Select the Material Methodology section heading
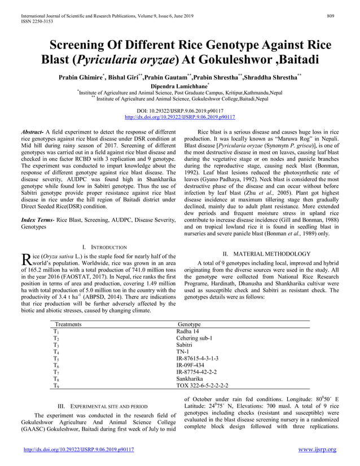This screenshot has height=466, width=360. [258, 253]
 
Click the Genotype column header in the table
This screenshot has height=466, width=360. [189, 324]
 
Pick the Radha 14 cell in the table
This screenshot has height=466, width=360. [188, 331]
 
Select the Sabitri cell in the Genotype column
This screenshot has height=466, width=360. [185, 345]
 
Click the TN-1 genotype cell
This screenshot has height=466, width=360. [183, 351]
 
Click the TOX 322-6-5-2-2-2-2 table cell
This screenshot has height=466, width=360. [202, 386]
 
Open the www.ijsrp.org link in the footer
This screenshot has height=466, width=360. [317, 450]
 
